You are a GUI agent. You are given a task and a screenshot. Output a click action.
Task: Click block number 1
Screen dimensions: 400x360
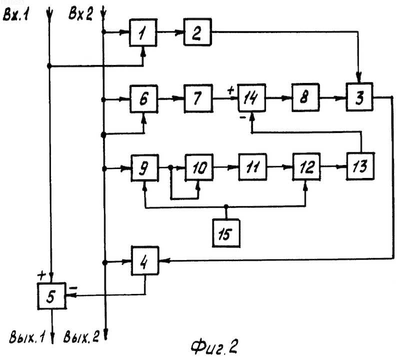click(143, 32)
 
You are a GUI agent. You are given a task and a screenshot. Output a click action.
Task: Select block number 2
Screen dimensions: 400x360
click(197, 32)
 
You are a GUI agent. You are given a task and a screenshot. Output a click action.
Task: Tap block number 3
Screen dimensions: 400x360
click(359, 97)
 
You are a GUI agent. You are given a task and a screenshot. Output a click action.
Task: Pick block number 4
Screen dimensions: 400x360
click(145, 261)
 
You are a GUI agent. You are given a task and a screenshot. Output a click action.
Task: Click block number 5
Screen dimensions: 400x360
click(51, 296)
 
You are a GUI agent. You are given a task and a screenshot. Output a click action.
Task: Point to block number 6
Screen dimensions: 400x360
click(144, 98)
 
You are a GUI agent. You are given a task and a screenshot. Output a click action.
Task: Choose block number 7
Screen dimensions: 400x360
click(198, 98)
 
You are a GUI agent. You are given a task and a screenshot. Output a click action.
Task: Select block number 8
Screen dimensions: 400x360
click(305, 97)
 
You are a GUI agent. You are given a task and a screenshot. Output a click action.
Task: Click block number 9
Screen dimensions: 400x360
click(144, 168)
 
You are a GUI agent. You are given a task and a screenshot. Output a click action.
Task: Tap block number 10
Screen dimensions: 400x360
click(199, 167)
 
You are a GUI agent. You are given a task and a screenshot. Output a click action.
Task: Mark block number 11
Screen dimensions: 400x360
click(252, 167)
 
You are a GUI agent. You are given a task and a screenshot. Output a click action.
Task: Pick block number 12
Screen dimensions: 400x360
click(306, 167)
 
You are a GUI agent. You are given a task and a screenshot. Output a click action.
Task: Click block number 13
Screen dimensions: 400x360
click(360, 166)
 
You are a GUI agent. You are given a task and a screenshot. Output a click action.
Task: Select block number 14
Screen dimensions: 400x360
click(252, 98)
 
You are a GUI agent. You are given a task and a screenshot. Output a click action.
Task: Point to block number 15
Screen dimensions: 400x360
click(226, 233)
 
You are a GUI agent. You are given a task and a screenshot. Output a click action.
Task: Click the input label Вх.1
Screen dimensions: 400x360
click(16, 14)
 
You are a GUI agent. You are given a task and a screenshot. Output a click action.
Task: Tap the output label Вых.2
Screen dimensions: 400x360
click(81, 337)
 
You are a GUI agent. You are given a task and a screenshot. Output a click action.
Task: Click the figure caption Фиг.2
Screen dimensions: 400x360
click(214, 346)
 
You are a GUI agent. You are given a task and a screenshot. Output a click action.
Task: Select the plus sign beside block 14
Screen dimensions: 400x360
click(230, 90)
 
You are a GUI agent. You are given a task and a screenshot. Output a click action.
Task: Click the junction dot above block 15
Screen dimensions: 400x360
click(226, 206)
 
